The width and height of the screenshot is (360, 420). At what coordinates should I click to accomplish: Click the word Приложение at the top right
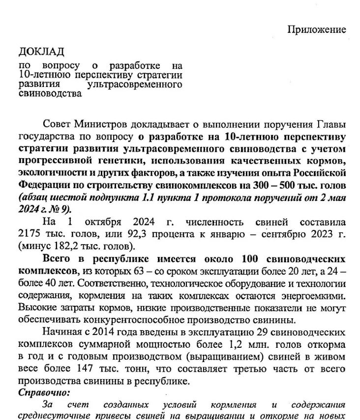tap(317, 29)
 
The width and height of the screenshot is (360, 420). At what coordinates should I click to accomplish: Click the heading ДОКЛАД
tap(41, 52)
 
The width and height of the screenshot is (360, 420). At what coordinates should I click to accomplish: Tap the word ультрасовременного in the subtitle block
tap(134, 84)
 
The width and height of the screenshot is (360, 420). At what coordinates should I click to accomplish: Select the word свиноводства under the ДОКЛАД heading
tap(50, 93)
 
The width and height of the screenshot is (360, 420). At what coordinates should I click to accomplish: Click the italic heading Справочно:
tap(44, 392)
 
